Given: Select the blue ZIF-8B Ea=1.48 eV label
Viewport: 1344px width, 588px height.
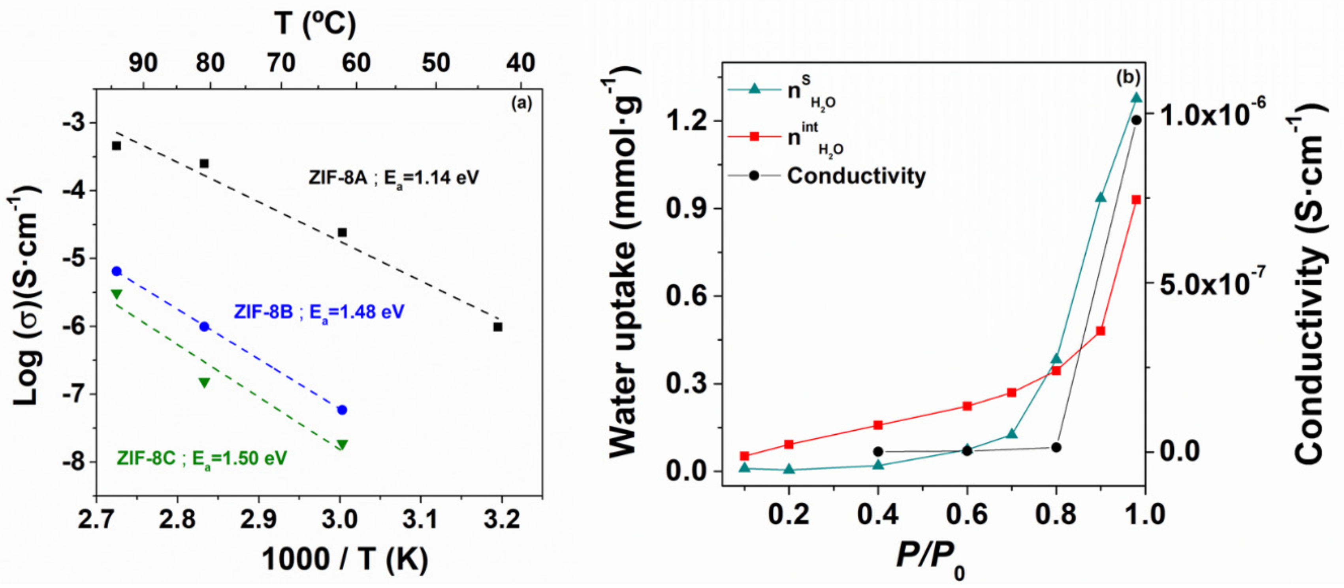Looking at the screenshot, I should (319, 313).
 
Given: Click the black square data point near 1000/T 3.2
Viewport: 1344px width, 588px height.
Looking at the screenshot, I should (498, 327).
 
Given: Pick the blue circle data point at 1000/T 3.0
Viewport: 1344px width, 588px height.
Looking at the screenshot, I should (342, 410).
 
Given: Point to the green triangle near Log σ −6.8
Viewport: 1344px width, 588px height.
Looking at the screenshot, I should (205, 383).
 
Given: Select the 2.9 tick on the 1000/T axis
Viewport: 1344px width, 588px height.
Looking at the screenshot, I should (259, 520).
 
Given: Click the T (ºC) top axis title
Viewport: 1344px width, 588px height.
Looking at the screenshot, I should (315, 23).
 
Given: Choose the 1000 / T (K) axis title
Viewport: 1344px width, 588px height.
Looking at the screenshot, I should (345, 559).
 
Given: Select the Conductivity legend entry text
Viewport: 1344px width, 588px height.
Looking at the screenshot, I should (856, 176).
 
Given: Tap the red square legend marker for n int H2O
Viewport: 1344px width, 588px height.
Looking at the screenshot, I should (754, 137).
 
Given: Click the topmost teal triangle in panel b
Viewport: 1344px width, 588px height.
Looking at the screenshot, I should (1136, 98).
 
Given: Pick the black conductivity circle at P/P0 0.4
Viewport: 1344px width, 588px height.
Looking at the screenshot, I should (878, 451).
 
